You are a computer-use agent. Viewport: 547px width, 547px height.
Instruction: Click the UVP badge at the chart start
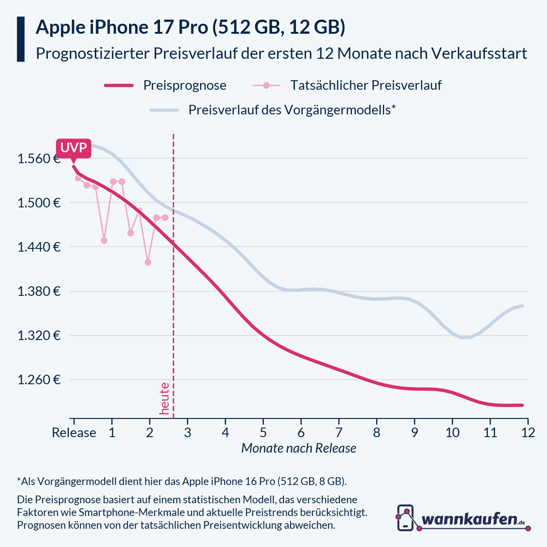(x=74, y=148)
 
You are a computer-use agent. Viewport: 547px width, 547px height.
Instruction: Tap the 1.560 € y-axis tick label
(x=39, y=159)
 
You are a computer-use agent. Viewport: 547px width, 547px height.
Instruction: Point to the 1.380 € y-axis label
(x=39, y=291)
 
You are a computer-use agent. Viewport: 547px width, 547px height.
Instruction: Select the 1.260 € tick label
(x=39, y=380)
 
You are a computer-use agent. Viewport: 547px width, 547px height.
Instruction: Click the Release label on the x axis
(x=74, y=433)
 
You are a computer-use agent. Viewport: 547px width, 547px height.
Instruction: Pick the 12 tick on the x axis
(x=528, y=433)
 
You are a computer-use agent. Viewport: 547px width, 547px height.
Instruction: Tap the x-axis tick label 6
(x=301, y=433)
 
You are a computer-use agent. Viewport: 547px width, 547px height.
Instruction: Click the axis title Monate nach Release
(x=299, y=449)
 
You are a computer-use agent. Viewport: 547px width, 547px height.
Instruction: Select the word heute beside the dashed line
(x=164, y=399)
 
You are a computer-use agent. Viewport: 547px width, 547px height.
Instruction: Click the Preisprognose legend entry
(x=185, y=85)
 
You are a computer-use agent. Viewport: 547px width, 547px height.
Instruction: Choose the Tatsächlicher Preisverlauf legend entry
(x=366, y=85)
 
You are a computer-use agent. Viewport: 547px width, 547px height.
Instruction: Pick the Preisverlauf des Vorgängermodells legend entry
(x=292, y=110)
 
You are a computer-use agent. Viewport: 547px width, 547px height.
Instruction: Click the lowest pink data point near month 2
(x=148, y=262)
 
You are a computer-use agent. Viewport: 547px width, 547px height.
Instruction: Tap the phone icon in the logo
(x=405, y=518)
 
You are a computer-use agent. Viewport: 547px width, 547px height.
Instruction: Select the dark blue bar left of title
(x=21, y=39)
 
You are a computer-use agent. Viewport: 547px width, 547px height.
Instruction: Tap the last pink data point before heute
(x=165, y=217)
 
